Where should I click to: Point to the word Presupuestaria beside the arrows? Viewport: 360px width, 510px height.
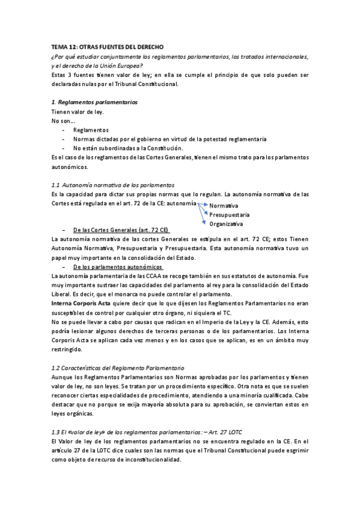(x=230, y=215)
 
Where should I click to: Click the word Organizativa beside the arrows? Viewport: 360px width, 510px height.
(x=226, y=224)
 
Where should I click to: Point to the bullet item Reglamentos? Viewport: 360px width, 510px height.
(x=91, y=130)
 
